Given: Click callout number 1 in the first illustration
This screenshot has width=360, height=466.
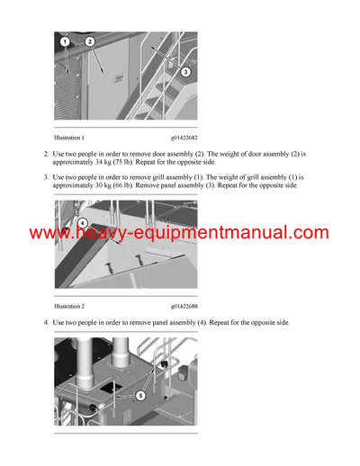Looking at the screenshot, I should click(x=65, y=42).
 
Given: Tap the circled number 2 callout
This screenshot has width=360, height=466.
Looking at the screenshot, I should click(x=90, y=41).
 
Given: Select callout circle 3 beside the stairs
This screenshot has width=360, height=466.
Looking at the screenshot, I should click(x=185, y=71).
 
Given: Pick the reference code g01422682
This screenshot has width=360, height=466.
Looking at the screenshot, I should click(x=184, y=138).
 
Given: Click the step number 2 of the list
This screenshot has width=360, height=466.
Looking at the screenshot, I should click(x=46, y=155).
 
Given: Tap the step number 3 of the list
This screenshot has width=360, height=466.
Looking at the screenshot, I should click(x=46, y=177).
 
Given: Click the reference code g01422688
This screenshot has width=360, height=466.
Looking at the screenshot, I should click(x=184, y=306).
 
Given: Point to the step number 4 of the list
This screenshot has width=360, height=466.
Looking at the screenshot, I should click(x=46, y=322).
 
